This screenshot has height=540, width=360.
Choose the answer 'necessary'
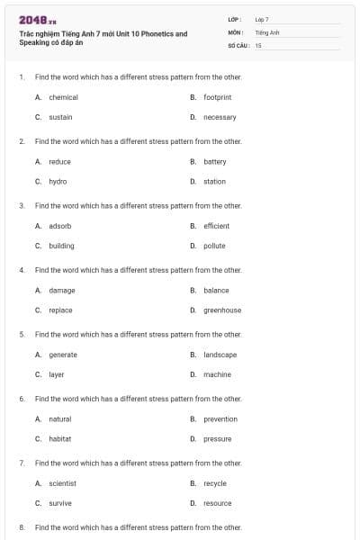point(220,117)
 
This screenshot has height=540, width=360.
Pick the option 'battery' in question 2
point(214,162)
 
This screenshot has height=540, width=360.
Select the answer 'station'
point(214,182)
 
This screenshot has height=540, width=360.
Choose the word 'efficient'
point(216,226)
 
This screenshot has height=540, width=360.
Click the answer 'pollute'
point(214,246)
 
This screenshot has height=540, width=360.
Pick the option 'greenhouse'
point(222,310)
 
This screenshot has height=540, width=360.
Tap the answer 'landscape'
point(220,355)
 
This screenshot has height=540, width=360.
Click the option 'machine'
point(217,374)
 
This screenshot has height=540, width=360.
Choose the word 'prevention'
point(220,419)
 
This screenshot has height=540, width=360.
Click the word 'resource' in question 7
point(218,503)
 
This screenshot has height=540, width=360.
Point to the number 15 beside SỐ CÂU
point(258,45)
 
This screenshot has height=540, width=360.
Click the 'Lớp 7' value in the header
point(262,19)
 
